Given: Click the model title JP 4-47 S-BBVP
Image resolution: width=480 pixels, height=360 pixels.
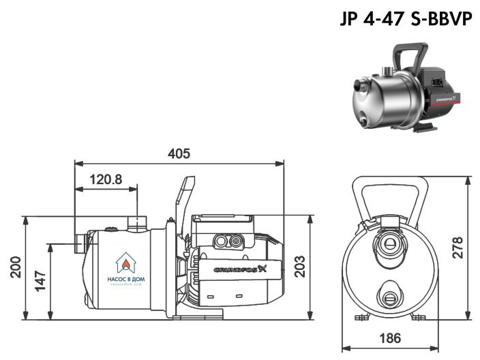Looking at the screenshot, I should pos(407,18).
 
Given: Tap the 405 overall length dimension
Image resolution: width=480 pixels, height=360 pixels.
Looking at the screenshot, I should pos(179,153).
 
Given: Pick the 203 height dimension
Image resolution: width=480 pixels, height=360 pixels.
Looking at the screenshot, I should pos(299,268).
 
